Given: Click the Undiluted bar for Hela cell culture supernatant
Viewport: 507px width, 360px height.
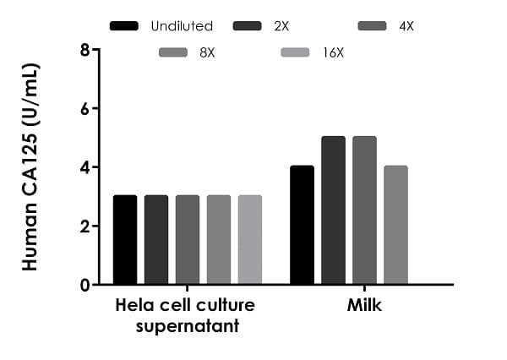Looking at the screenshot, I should tap(125, 240).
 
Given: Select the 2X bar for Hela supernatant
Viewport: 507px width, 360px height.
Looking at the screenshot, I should tap(156, 240).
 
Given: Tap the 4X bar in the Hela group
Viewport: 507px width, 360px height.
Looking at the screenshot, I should tap(188, 240).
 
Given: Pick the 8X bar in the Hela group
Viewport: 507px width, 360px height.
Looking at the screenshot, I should tap(219, 240).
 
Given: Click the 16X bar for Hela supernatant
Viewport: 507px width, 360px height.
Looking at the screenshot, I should tap(250, 240).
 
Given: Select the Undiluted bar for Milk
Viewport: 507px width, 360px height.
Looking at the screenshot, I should tap(302, 226).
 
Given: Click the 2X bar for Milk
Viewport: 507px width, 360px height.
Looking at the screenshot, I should tap(333, 210).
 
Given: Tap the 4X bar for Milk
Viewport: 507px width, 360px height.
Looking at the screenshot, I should tap(364, 210).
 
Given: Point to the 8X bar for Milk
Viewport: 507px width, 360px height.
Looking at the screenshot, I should tap(395, 226).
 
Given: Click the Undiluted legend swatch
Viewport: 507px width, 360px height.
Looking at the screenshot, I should tap(124, 26).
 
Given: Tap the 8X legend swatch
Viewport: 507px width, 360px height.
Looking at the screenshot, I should tap(173, 54).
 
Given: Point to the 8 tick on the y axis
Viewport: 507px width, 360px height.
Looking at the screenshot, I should tap(84, 50).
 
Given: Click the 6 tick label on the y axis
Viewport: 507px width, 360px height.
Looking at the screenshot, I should tap(84, 109).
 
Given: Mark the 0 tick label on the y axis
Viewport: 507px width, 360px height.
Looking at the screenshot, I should tap(84, 286).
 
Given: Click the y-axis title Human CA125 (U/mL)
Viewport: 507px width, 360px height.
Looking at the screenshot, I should tap(31, 167).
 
